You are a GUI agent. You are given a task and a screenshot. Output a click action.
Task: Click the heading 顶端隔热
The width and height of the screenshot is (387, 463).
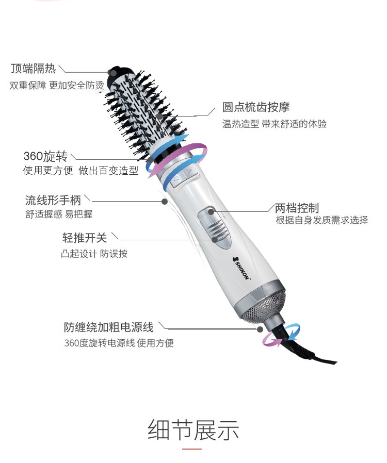pyautogui.click(x=33, y=69)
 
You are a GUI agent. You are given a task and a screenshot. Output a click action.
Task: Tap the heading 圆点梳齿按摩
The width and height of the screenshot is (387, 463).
pyautogui.click(x=256, y=107)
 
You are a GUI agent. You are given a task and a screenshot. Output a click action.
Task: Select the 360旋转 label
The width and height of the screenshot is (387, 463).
pyautogui.click(x=46, y=156)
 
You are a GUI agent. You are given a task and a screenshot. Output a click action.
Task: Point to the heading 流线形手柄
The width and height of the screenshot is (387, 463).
pyautogui.click(x=53, y=199)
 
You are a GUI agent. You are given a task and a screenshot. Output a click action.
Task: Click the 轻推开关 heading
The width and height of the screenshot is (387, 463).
pyautogui.click(x=85, y=237)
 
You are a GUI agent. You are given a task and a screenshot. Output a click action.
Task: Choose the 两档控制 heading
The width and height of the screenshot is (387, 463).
pyautogui.click(x=297, y=208)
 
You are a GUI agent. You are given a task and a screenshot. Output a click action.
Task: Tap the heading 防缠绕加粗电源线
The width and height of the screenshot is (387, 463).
pyautogui.click(x=109, y=327)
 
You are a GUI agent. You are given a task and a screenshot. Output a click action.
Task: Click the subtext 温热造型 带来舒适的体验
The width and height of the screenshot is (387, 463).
pyautogui.click(x=275, y=124)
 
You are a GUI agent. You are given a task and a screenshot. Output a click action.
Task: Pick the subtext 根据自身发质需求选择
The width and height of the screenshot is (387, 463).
pyautogui.click(x=322, y=221)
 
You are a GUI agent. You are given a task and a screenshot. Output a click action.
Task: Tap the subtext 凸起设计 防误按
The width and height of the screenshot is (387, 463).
pyautogui.click(x=94, y=254)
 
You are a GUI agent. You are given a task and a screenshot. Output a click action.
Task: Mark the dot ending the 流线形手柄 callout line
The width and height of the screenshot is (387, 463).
pyautogui.click(x=164, y=201)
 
